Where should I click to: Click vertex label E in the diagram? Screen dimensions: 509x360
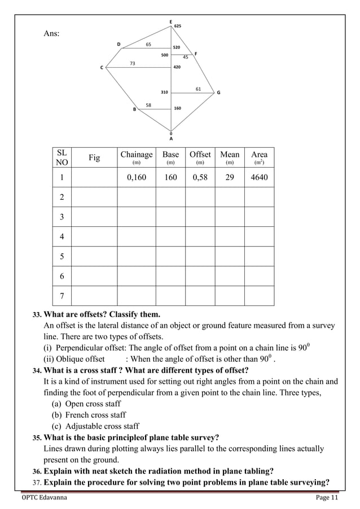tap(171, 21)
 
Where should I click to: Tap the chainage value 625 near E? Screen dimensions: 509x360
tap(178, 27)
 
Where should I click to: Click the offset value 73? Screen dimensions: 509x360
tap(133, 63)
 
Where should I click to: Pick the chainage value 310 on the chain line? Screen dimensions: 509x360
tap(164, 91)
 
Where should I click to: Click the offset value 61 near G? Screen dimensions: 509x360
tap(199, 89)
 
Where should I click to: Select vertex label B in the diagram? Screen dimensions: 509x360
tap(134, 110)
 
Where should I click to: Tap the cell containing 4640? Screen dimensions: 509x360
tap(259, 177)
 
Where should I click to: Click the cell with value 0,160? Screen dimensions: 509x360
tap(137, 177)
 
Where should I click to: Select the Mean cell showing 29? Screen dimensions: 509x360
tap(229, 177)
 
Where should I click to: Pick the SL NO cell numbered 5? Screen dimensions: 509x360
tap(61, 256)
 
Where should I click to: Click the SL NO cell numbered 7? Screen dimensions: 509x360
tap(61, 296)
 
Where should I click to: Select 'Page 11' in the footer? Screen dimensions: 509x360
tap(326, 497)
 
